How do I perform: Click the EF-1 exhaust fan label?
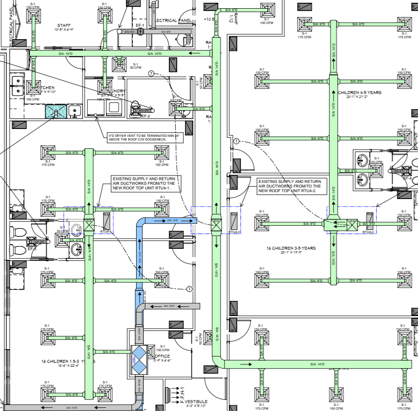tap(140, 25)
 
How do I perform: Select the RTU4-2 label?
tap(233, 233)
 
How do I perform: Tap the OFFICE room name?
tap(162, 356)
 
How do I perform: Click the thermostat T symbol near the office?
tap(189, 289)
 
